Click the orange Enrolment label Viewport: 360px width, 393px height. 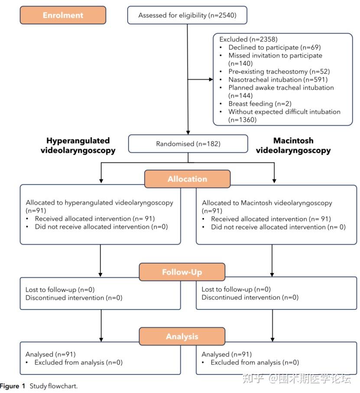pyautogui.click(x=63, y=15)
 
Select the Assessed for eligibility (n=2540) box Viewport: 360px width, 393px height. pyautogui.click(x=187, y=15)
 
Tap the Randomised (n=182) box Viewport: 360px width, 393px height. pyautogui.click(x=188, y=143)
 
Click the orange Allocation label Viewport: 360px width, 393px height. pyautogui.click(x=187, y=179)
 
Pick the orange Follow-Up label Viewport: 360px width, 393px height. pyautogui.click(x=182, y=272)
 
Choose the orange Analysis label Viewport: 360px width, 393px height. pyautogui.click(x=182, y=336)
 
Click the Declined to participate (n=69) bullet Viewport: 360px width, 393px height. pyautogui.click(x=275, y=47)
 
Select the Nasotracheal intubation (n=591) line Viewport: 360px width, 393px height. pyautogui.click(x=277, y=79)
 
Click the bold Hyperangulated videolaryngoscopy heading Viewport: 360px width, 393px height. pyautogui.click(x=78, y=146)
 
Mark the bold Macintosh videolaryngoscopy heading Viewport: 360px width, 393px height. pyautogui.click(x=293, y=146)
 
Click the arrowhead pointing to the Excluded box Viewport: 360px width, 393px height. pyautogui.click(x=211, y=79)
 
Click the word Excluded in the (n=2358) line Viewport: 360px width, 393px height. pyautogui.click(x=233, y=39)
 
